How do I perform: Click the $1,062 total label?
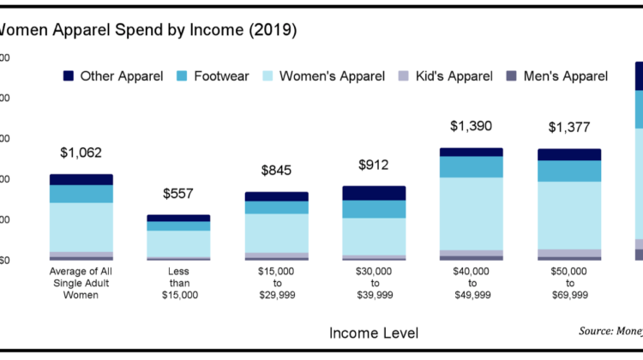tap(81, 153)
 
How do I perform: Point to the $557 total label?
tap(178, 195)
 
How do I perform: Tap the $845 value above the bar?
tap(276, 170)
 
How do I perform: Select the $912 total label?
tap(374, 165)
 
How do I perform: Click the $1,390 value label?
tap(472, 126)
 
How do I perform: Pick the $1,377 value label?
tap(569, 128)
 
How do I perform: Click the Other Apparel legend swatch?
tap(69, 76)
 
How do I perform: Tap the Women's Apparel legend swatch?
tap(267, 76)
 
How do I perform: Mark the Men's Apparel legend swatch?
tap(512, 76)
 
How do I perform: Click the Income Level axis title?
tap(374, 331)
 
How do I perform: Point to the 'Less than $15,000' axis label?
tap(178, 284)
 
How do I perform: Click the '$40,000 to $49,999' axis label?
tap(472, 284)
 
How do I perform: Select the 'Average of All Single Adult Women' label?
tap(81, 284)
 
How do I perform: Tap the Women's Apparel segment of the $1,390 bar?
tap(472, 213)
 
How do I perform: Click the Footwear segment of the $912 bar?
tap(374, 209)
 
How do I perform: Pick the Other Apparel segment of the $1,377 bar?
tap(569, 154)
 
